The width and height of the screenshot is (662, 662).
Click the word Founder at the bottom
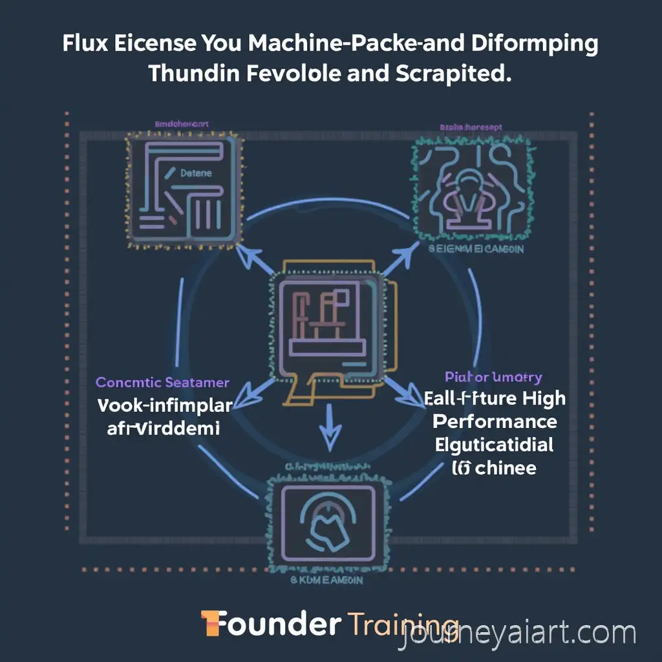pos(272,625)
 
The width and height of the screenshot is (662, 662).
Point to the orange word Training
pos(401,625)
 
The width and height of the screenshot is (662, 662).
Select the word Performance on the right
pos(495,422)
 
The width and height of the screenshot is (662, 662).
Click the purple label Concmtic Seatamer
pos(162,383)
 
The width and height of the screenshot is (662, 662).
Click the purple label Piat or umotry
pos(493,377)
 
